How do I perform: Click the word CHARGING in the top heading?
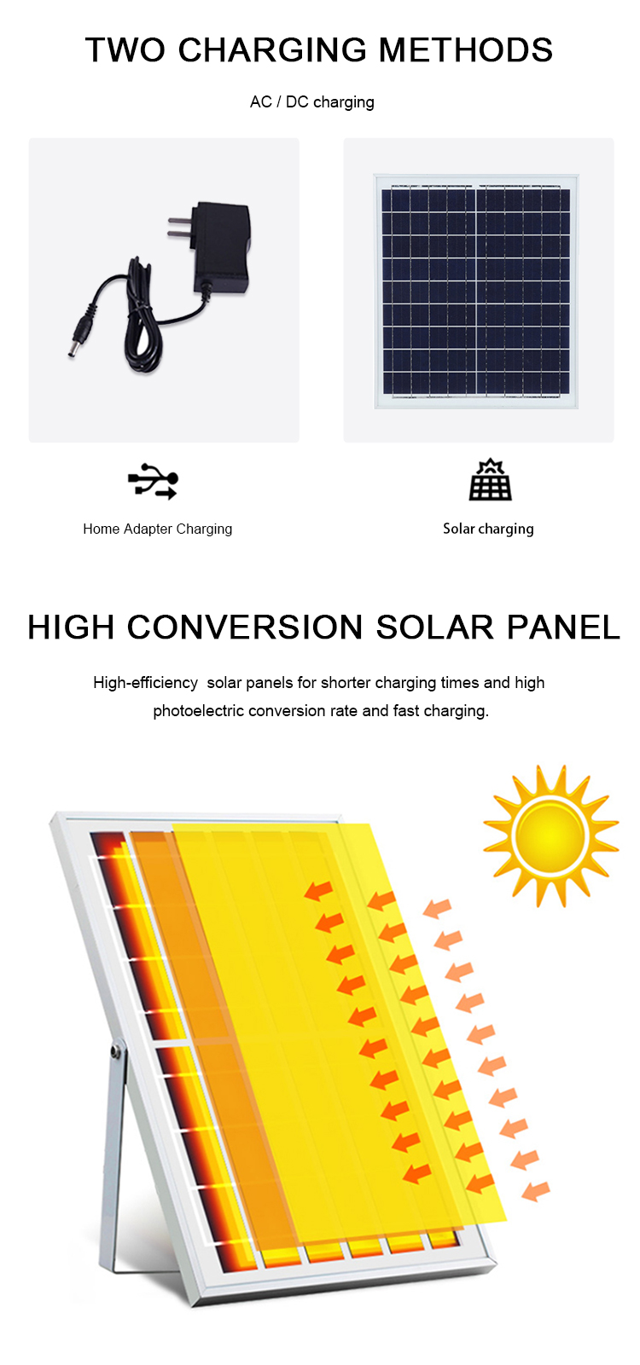point(273,50)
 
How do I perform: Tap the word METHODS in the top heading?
point(466,50)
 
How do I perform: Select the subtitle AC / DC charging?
point(311,101)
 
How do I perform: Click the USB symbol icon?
point(153,481)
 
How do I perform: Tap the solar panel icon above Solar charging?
point(490,479)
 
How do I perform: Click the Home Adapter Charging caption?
point(157,529)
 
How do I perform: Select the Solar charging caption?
point(488,529)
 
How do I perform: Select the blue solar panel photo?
point(476,292)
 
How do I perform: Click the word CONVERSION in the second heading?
point(245,627)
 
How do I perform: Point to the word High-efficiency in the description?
point(145,682)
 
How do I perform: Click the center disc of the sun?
point(550,836)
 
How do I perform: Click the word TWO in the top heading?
point(125,50)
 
